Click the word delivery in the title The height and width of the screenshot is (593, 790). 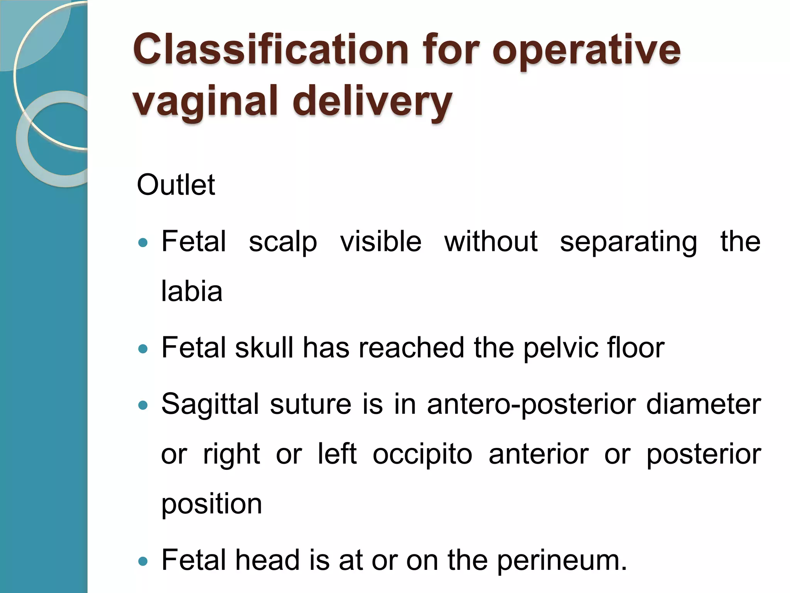[372, 101]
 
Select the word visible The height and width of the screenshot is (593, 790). [381, 242]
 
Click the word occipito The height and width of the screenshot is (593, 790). [422, 455]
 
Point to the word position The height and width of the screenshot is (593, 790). [211, 504]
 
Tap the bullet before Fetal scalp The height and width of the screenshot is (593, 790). [143, 243]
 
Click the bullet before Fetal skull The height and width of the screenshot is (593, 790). [143, 349]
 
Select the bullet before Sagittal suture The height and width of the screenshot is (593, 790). [143, 405]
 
